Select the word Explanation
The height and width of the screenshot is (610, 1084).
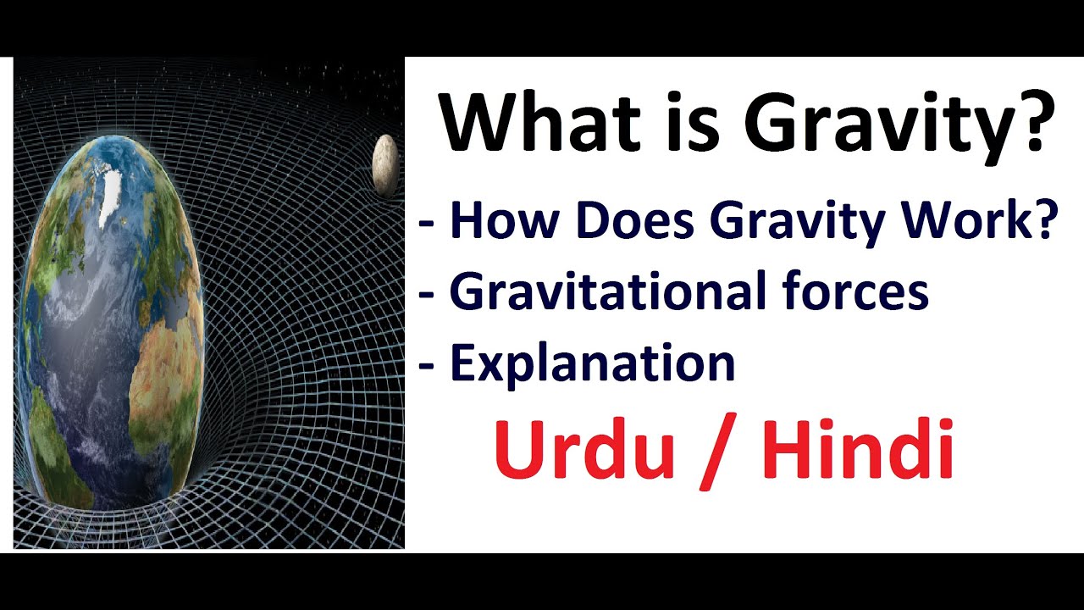tap(593, 363)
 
